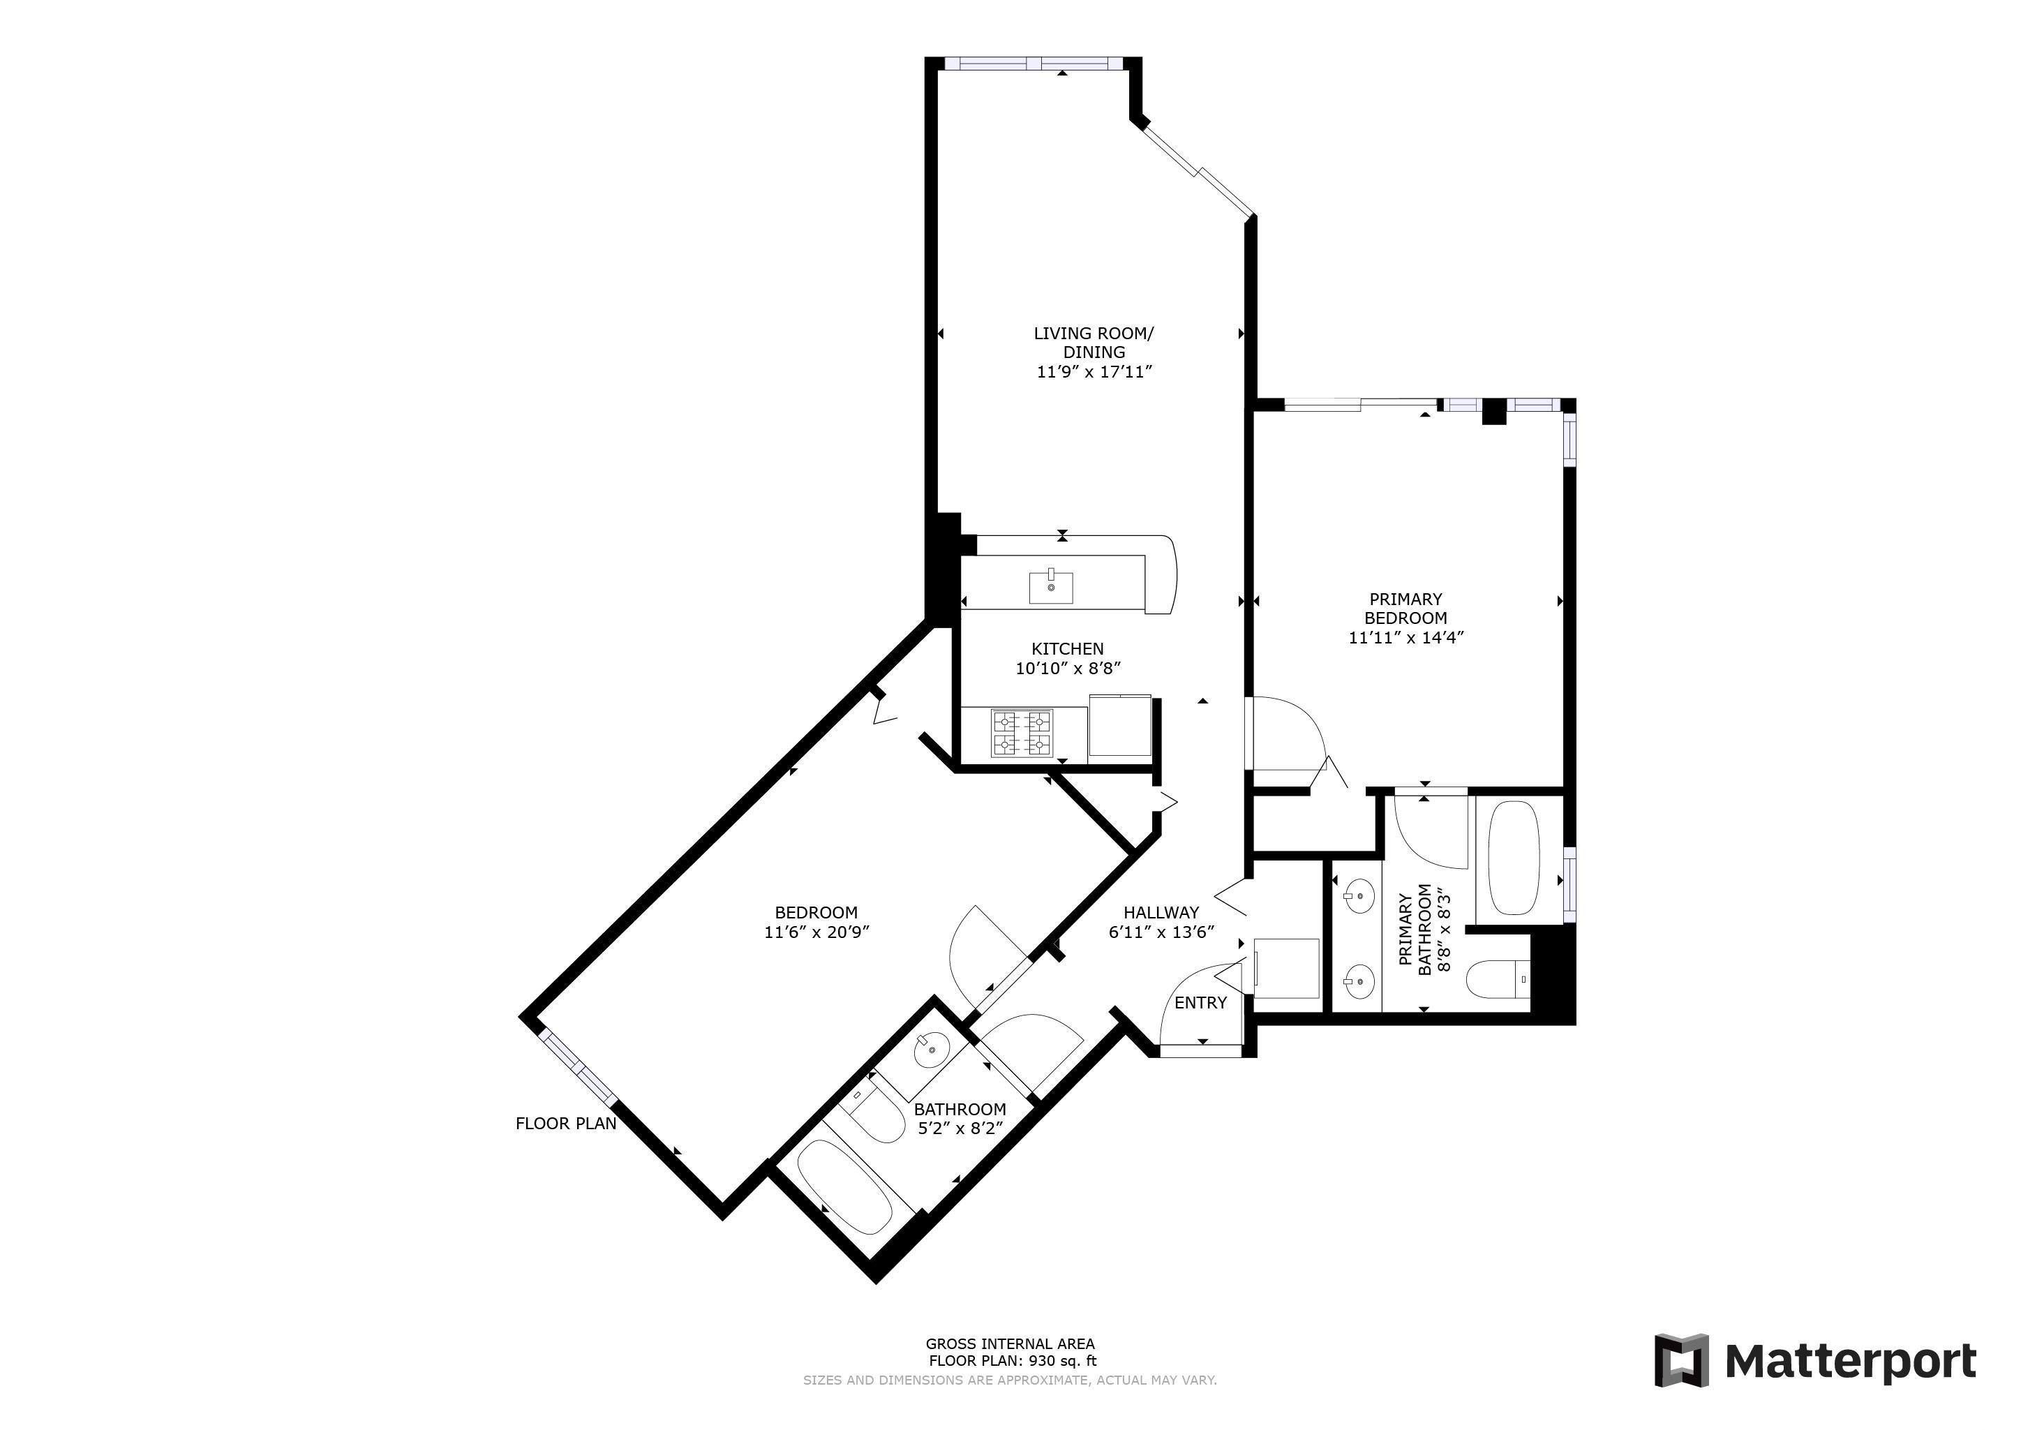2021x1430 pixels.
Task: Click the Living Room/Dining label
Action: tap(1094, 343)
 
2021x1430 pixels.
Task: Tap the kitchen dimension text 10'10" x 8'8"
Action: tap(1068, 669)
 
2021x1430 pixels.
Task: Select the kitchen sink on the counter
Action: tap(1051, 586)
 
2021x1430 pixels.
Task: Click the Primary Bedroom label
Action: tap(1405, 609)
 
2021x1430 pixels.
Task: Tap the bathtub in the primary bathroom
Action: tap(1513, 858)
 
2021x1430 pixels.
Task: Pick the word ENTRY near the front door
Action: tap(1200, 1002)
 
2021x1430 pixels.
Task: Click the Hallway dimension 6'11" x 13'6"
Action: tap(1162, 932)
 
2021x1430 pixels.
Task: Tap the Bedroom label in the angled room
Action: tap(816, 913)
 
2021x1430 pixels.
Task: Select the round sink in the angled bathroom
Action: tap(930, 1050)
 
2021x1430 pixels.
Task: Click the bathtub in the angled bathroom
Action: tap(844, 1187)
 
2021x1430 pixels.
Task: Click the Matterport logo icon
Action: tap(1681, 1360)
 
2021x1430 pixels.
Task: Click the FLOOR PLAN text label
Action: tap(566, 1124)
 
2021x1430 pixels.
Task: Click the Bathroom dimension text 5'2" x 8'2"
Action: tap(960, 1128)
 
